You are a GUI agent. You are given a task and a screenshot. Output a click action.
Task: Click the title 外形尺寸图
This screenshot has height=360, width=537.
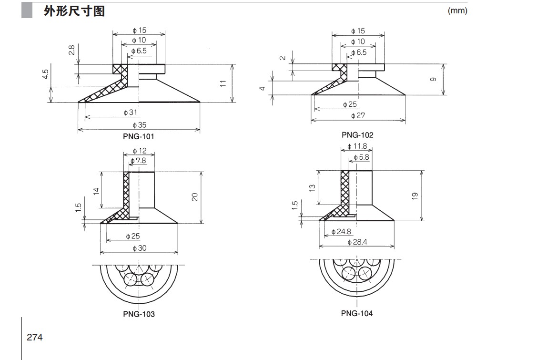pyautogui.click(x=74, y=11)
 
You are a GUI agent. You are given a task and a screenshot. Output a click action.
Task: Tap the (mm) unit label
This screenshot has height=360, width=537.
pyautogui.click(x=457, y=11)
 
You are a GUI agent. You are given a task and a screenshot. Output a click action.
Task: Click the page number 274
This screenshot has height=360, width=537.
pyautogui.click(x=35, y=337)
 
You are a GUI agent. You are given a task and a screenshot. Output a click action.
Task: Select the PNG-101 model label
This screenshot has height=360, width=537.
pyautogui.click(x=138, y=136)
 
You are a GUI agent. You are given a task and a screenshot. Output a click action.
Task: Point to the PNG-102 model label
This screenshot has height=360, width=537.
pyautogui.click(x=357, y=134)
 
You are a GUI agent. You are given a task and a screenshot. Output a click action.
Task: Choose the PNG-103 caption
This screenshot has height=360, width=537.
pyautogui.click(x=138, y=314)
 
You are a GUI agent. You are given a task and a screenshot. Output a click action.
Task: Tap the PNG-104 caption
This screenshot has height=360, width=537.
pyautogui.click(x=357, y=313)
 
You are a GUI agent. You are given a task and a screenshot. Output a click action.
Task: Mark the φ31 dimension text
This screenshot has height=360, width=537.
pyautogui.click(x=130, y=113)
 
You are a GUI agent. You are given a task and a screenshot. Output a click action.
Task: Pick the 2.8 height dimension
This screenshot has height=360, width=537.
pyautogui.click(x=71, y=50)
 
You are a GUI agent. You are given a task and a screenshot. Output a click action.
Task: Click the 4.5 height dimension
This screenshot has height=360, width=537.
pyautogui.click(x=45, y=75)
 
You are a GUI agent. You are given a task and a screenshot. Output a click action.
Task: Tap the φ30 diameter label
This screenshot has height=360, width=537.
pyautogui.click(x=139, y=248)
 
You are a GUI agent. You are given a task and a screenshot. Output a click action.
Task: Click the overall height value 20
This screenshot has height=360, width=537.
pyautogui.click(x=194, y=196)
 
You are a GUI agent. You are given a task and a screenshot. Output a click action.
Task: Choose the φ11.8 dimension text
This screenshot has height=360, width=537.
pyautogui.click(x=357, y=146)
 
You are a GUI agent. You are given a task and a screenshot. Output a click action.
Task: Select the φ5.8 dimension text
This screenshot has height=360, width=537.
pyautogui.click(x=361, y=157)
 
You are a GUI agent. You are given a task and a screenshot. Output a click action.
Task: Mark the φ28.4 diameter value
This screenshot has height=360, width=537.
pyautogui.click(x=357, y=242)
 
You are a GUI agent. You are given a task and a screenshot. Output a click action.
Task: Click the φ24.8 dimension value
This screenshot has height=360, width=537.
pyautogui.click(x=341, y=232)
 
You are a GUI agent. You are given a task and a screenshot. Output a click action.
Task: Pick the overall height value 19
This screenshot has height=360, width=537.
pyautogui.click(x=415, y=195)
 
